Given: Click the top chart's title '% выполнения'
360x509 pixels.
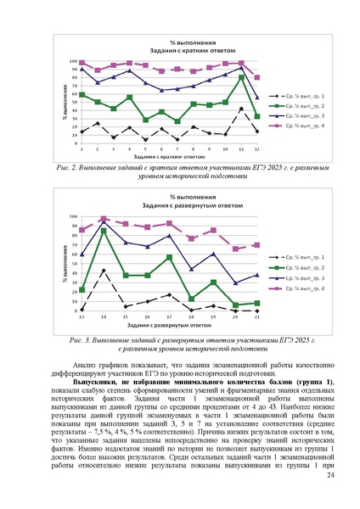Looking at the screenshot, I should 180,42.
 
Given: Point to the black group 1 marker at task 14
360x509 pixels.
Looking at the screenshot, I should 104,271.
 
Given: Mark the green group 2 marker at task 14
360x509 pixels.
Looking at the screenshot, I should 104,231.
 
